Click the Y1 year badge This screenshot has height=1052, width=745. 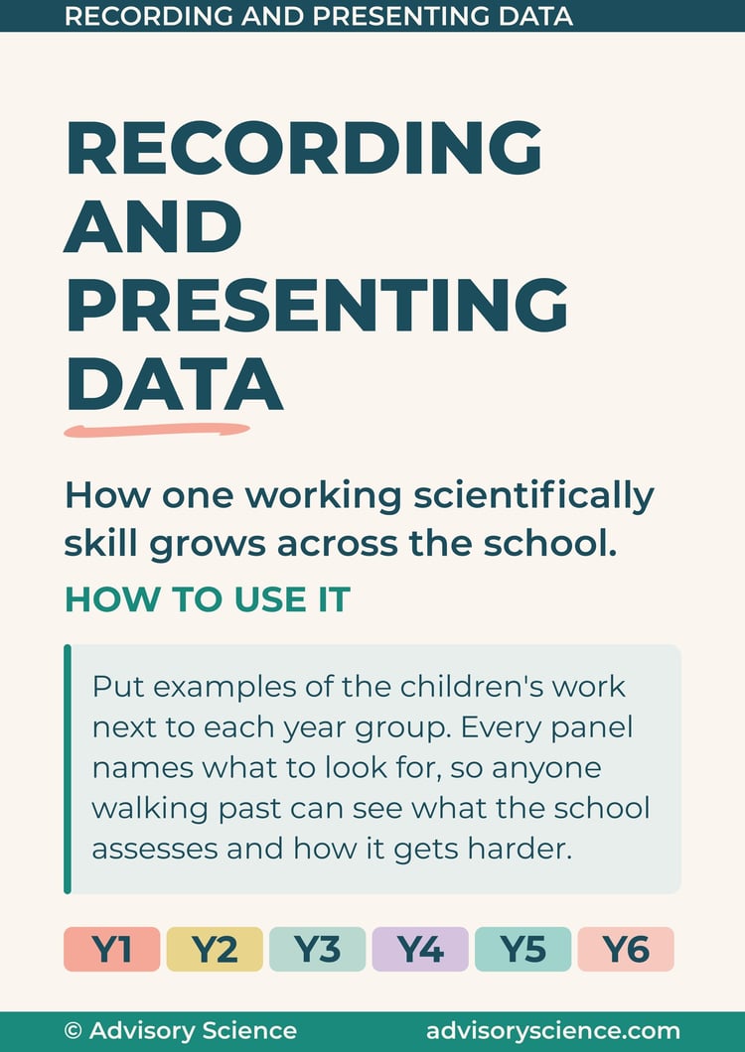111,949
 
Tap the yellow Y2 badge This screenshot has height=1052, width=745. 215,949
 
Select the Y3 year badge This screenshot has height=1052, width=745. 317,949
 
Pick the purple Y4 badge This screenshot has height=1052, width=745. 420,949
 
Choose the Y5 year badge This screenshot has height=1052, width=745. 522,949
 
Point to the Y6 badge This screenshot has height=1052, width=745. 626,949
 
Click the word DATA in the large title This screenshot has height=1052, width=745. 174,386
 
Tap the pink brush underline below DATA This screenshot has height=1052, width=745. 157,430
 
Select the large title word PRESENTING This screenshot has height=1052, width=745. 317,306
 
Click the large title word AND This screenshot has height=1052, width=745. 153,226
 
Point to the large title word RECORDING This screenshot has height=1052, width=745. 304,148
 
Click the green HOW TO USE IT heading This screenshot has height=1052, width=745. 207,599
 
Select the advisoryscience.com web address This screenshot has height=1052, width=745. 553,1031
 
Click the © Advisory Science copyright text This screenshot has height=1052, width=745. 180,1030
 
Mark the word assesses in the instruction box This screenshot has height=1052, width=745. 155,850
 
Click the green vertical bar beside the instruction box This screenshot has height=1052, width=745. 68,769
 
